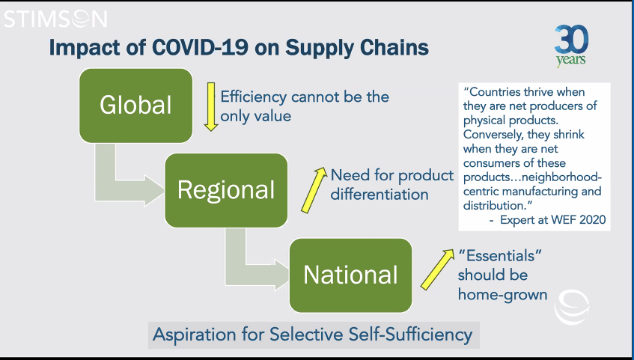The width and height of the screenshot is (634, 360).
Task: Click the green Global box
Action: coord(136,106)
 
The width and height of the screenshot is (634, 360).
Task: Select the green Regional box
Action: coord(226,190)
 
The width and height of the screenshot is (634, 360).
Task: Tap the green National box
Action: coord(350,275)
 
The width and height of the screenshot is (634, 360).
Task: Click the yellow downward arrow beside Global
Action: coord(211,107)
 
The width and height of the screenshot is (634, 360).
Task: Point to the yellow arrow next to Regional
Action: coord(314,189)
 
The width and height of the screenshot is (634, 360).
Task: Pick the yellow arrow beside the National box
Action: coord(437,269)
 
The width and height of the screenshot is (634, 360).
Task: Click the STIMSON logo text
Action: coord(55,19)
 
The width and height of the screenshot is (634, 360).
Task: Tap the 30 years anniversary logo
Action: coord(571,45)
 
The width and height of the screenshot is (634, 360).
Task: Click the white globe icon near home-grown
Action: coord(572,307)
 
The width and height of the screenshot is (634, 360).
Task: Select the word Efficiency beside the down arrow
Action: coord(253,97)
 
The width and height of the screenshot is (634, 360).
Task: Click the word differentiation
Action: coord(380,195)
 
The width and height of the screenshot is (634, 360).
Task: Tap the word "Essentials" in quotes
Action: coord(501,256)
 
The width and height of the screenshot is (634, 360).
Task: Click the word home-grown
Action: coord(502,295)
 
